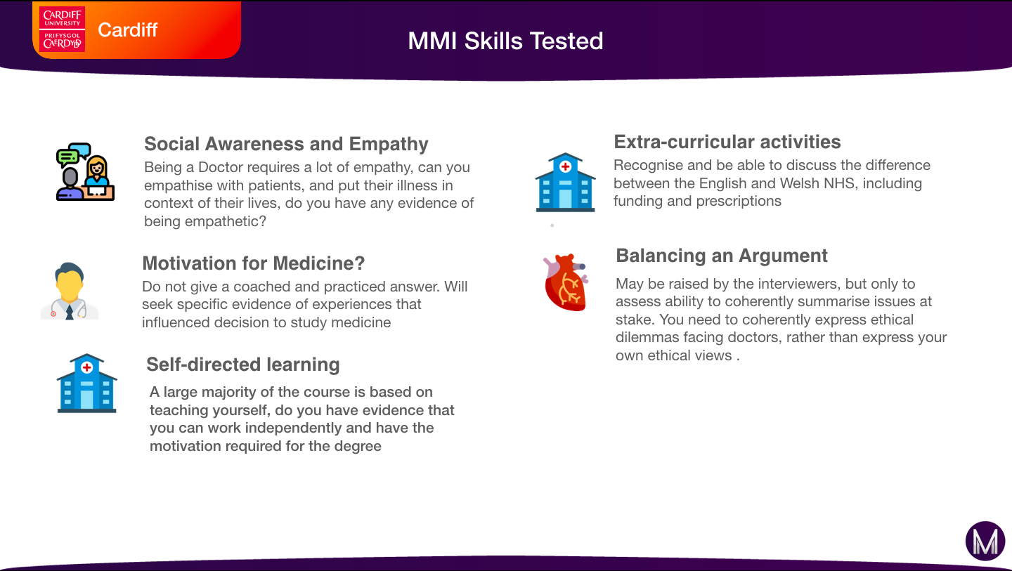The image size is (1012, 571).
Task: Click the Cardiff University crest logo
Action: tap(62, 29)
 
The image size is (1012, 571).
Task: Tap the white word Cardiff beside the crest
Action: tap(127, 30)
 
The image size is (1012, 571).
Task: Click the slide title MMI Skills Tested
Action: tap(505, 41)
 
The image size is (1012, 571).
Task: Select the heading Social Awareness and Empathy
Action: tap(286, 144)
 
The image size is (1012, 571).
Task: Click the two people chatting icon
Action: tap(86, 171)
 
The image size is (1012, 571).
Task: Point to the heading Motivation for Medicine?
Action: tap(254, 263)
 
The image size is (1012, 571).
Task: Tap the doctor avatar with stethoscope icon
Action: tap(70, 291)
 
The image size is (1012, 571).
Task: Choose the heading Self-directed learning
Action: tap(242, 365)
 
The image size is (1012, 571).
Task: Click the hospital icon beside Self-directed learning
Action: tap(86, 383)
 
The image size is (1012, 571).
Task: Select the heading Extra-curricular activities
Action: tap(727, 142)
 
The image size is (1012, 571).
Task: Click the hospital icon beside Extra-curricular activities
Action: tap(565, 183)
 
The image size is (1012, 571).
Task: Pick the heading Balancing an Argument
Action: tap(722, 256)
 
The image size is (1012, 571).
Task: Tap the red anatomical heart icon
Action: tap(566, 282)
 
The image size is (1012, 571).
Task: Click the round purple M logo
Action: tap(985, 541)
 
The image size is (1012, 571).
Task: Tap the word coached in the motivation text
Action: tap(261, 287)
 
